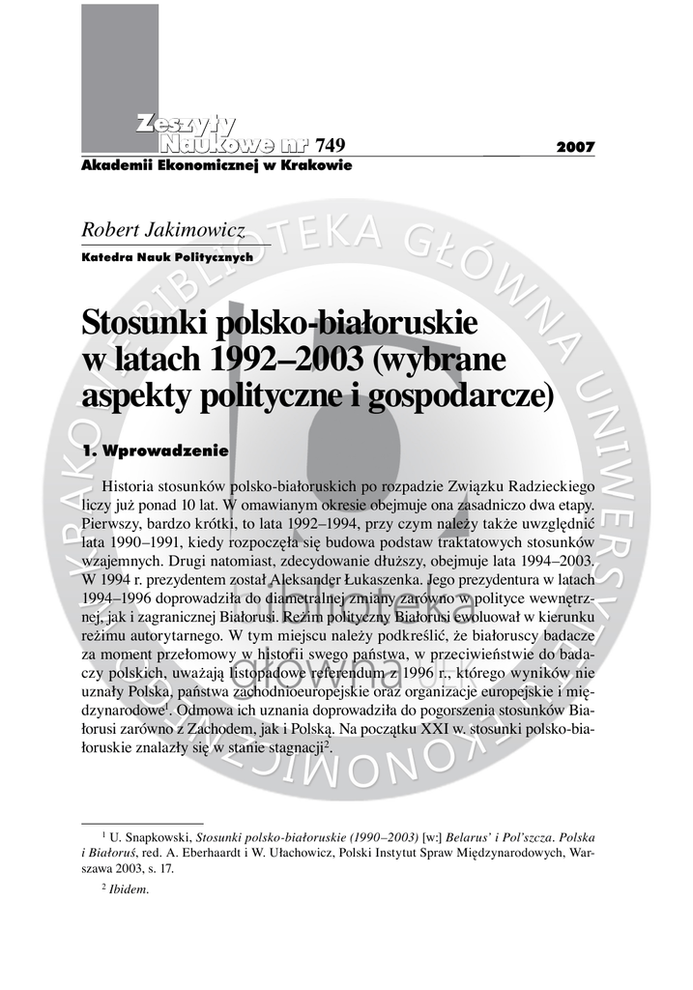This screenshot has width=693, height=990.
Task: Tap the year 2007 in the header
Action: click(576, 147)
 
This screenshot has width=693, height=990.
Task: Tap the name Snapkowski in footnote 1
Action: click(158, 835)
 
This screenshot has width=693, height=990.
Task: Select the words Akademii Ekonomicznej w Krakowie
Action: click(217, 165)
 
